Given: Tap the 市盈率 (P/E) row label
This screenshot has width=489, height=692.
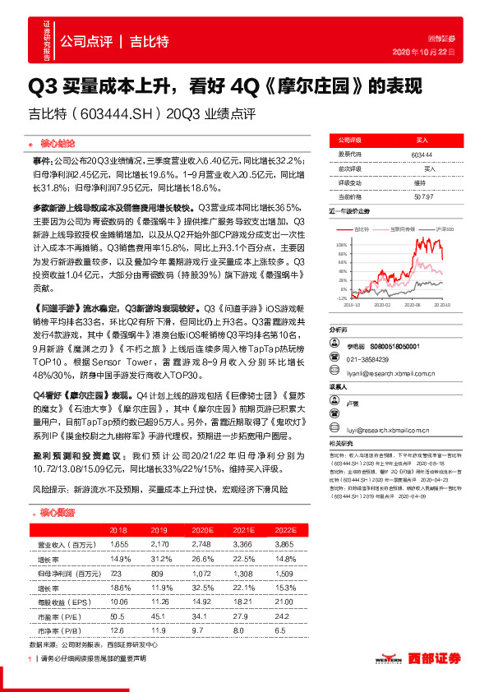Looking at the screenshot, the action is pyautogui.click(x=58, y=616).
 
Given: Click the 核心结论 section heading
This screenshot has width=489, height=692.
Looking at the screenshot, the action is pyautogui.click(x=58, y=142).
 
